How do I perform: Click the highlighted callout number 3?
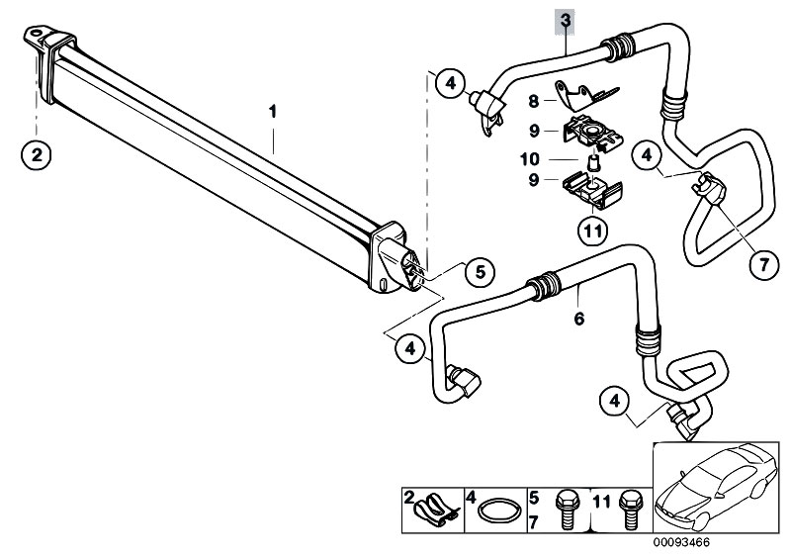click(x=566, y=21)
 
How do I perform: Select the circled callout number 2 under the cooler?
click(x=37, y=154)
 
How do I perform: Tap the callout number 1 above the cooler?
click(x=273, y=112)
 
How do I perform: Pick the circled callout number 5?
click(x=480, y=272)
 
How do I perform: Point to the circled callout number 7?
click(x=764, y=264)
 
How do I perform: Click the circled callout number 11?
click(x=592, y=232)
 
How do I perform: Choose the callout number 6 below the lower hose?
click(x=578, y=319)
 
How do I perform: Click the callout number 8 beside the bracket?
click(x=534, y=101)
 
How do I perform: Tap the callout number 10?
click(x=530, y=159)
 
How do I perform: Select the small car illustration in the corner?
click(x=716, y=487)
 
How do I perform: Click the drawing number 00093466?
click(x=681, y=543)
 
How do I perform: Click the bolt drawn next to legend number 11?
click(x=628, y=511)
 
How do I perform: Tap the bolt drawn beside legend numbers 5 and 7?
click(x=564, y=511)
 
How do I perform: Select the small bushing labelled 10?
click(x=594, y=163)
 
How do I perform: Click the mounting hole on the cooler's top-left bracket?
click(x=35, y=35)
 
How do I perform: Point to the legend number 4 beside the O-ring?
click(x=471, y=498)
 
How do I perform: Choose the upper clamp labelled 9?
click(x=593, y=133)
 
